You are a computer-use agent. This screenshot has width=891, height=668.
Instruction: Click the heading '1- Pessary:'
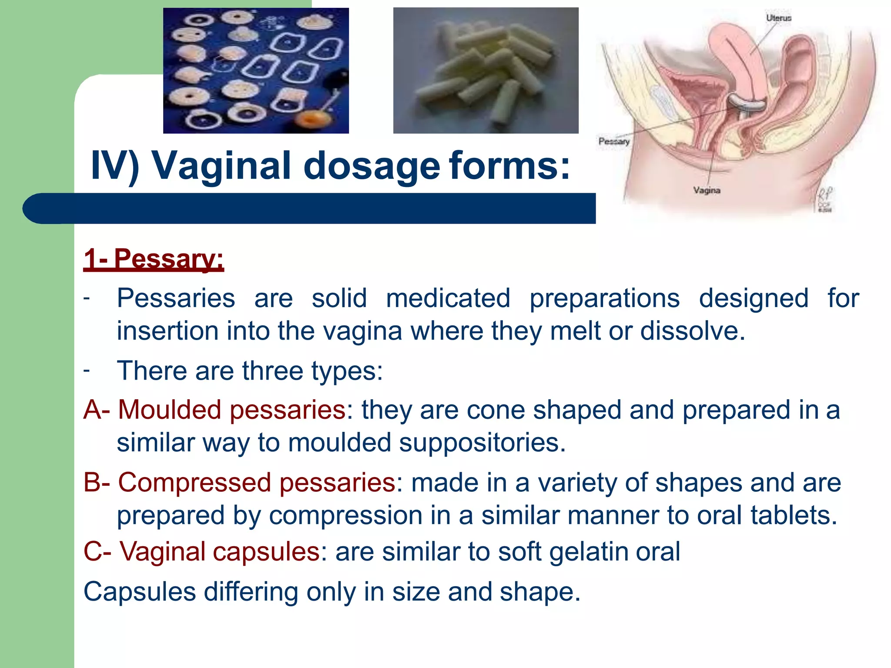tap(153, 259)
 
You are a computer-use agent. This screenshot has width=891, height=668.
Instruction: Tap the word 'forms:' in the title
tap(509, 166)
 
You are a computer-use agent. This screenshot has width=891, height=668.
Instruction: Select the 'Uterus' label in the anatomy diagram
tap(778, 18)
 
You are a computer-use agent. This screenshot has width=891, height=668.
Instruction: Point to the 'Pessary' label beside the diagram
tap(614, 141)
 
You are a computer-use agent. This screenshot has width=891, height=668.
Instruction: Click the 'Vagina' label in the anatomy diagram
tap(707, 190)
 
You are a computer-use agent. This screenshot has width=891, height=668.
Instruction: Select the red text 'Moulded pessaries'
tap(232, 410)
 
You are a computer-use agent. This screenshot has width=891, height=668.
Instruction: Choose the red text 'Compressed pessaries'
tap(257, 483)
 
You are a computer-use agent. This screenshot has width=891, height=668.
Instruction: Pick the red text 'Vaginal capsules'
tap(220, 551)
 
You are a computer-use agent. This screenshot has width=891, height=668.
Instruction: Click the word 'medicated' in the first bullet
tap(448, 298)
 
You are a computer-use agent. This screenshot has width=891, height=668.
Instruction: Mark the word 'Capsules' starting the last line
tap(140, 592)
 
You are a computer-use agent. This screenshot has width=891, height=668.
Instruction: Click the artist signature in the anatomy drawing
tap(825, 199)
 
